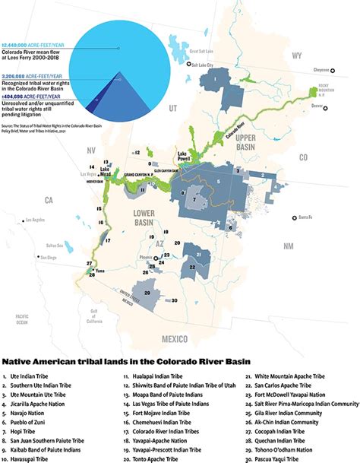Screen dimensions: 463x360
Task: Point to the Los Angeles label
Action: point(37,220)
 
